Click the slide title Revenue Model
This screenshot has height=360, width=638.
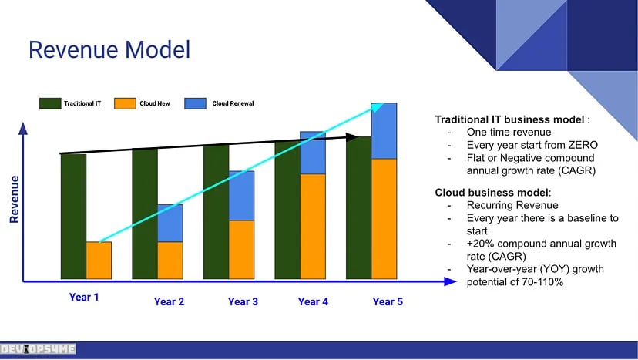point(109,51)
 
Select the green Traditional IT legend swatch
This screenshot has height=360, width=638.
point(50,103)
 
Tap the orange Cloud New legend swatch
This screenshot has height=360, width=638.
point(124,103)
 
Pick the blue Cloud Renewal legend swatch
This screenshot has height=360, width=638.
point(196,103)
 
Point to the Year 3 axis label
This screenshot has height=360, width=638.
point(243,302)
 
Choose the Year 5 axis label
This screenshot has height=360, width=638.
point(388,302)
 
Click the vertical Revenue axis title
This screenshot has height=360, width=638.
point(15,199)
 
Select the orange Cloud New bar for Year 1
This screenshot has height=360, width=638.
point(99,261)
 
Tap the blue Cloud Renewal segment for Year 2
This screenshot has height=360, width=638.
point(170,223)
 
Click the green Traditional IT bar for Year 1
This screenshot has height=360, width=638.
point(73,216)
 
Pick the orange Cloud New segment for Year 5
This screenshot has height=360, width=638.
point(384,218)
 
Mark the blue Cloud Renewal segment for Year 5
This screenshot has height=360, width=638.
point(384,131)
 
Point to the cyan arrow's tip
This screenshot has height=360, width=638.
point(378,104)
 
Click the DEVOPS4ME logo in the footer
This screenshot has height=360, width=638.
point(39,349)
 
